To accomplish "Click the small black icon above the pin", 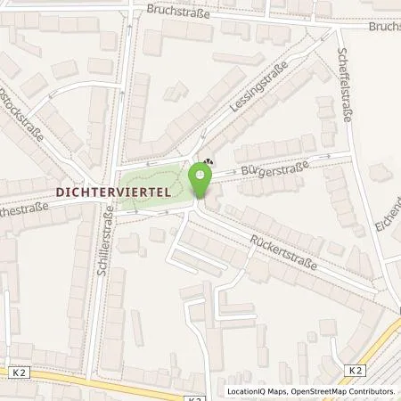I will [208, 162].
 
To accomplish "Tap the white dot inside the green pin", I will [200, 174].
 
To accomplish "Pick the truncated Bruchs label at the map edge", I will [385, 26].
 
